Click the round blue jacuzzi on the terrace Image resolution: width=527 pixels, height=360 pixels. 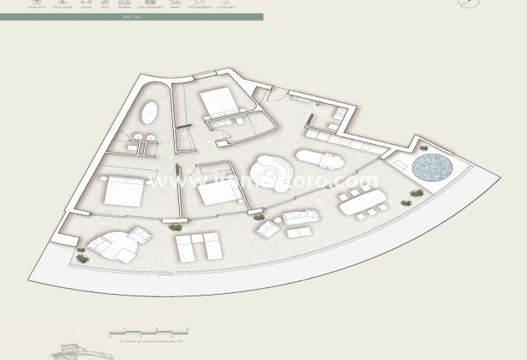[x=432, y=167]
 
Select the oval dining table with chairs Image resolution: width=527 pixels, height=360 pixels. [x=363, y=202]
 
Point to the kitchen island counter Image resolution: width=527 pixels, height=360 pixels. [x=320, y=157]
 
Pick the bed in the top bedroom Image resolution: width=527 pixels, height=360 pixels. [x=219, y=105]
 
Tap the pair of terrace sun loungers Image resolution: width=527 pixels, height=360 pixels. [x=198, y=247]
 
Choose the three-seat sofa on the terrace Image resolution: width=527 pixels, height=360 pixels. [x=302, y=219]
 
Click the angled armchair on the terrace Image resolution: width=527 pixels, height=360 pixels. [x=267, y=227]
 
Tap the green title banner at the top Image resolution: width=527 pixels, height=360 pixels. [x=131, y=17]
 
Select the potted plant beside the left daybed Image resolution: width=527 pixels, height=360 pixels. [x=83, y=257]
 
